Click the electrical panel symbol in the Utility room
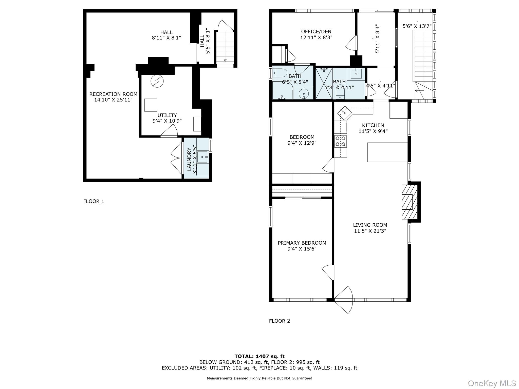point(157,81)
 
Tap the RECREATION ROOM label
point(113,94)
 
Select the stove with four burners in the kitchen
point(340,141)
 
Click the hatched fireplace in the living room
point(409,202)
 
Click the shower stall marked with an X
point(324,84)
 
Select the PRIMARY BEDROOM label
point(302,243)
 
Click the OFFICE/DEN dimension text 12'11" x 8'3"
point(316,37)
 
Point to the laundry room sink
point(202,157)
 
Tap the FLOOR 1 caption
point(94,201)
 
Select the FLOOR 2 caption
point(279,321)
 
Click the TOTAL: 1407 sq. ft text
point(259,356)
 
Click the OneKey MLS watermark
point(492,383)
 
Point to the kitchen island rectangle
point(387,152)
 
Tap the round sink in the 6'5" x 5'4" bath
point(304,94)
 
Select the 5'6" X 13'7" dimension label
point(417,26)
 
